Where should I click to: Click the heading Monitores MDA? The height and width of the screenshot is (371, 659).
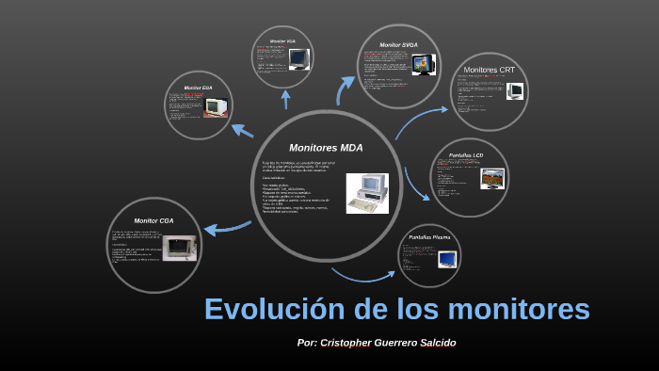click(325, 148)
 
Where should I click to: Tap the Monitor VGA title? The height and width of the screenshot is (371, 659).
click(282, 42)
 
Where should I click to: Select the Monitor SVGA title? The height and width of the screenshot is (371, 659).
click(398, 45)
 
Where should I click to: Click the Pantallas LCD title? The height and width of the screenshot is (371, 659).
click(466, 154)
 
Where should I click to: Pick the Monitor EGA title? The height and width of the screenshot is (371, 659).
click(198, 88)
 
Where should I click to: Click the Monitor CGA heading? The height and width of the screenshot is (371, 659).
click(154, 220)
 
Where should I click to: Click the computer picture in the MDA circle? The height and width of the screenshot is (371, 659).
click(366, 193)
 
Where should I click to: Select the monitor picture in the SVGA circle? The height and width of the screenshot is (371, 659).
click(424, 65)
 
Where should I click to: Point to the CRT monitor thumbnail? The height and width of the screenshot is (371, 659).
click(515, 91)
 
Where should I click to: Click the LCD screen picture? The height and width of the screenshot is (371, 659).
click(492, 178)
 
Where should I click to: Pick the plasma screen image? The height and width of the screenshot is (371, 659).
click(447, 258)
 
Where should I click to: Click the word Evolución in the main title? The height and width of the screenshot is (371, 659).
click(274, 309)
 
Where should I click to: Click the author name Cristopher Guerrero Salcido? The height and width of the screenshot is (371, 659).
click(388, 343)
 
